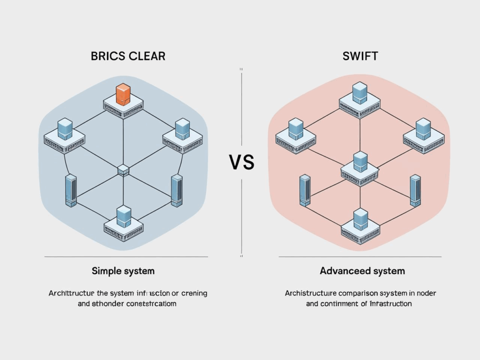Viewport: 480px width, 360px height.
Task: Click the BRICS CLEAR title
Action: (x=128, y=56)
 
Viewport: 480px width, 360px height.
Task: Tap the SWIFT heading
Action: (x=360, y=56)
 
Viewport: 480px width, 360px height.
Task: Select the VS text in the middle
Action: (x=241, y=162)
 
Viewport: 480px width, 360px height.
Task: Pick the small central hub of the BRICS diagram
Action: (x=123, y=170)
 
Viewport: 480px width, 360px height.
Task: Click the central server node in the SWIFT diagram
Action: (x=360, y=167)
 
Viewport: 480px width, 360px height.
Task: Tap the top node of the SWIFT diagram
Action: (x=360, y=98)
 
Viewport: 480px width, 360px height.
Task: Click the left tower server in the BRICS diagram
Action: (x=71, y=190)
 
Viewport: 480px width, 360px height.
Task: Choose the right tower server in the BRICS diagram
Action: (x=176, y=190)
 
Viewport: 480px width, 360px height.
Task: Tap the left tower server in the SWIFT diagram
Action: (x=305, y=190)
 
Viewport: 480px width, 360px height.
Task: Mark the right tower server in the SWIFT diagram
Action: (x=415, y=190)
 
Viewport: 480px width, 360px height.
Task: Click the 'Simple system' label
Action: (x=123, y=271)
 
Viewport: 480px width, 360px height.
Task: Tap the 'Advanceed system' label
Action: (x=362, y=271)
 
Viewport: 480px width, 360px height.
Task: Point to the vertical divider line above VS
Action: (x=241, y=108)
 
